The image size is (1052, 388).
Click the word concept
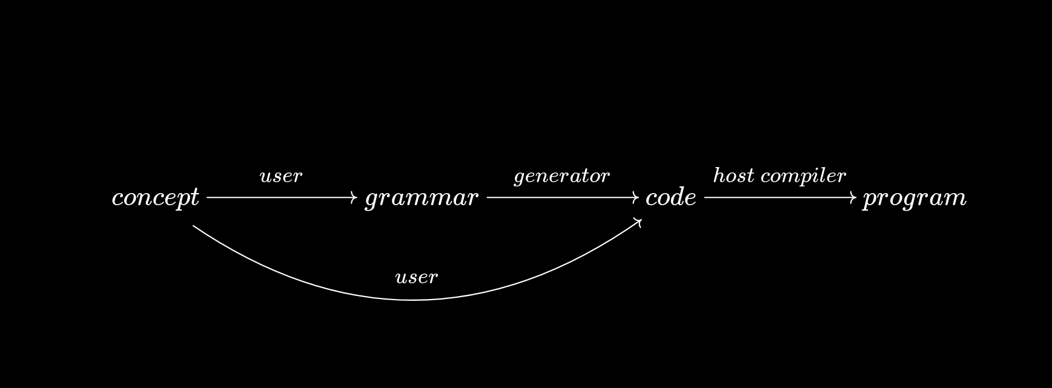point(155,198)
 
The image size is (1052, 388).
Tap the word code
point(671,198)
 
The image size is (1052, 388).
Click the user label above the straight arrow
point(280,177)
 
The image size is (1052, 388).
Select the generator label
point(561,177)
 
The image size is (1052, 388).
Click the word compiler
point(803,177)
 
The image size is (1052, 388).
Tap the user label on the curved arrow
point(416,278)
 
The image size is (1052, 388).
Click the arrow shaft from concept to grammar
point(279,197)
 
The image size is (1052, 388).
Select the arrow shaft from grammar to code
point(560,197)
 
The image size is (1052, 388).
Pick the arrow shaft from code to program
point(778,197)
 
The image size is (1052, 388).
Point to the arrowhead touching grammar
point(355,197)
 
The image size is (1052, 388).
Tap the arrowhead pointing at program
point(854,197)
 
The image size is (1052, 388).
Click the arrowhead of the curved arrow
point(638,222)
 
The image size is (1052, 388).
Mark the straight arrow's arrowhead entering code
point(636,197)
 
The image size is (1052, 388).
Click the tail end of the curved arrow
point(194,226)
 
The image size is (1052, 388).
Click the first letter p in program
point(870,200)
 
